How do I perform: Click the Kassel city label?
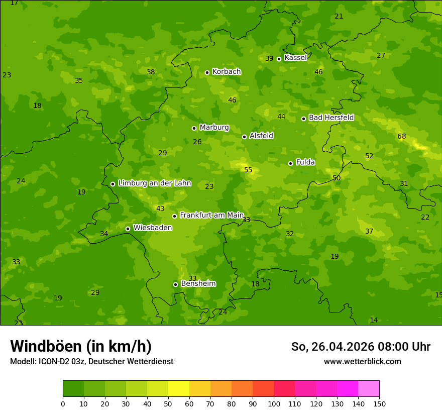tap(295, 58)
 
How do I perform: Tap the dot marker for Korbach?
tap(207, 72)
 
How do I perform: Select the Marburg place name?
tap(214, 128)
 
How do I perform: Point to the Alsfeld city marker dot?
tap(244, 137)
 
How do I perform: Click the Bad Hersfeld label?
tap(331, 118)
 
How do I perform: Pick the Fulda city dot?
tap(290, 163)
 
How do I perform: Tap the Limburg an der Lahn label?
tap(154, 183)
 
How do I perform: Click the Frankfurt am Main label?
tap(211, 215)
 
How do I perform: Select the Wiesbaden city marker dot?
tap(128, 229)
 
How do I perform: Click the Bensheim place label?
tap(198, 284)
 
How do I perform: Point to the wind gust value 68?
tap(401, 137)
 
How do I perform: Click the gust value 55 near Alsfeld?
tap(248, 170)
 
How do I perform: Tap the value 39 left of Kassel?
tap(269, 59)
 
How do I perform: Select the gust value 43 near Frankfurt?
tap(160, 209)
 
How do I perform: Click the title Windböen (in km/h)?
tap(81, 346)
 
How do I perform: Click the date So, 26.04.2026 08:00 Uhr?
tap(361, 347)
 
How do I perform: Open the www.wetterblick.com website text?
tap(362, 362)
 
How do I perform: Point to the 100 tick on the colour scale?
tap(274, 403)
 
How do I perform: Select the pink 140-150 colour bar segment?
tap(369, 389)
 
